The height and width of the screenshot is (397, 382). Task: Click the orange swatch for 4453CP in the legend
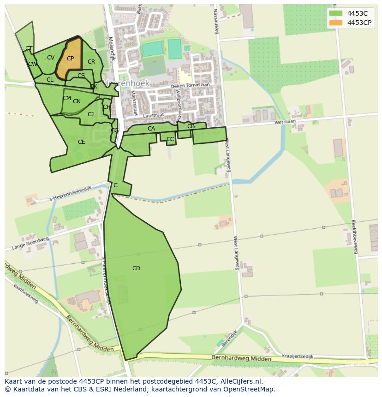[336, 23]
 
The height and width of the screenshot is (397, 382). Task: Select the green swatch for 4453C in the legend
[336, 13]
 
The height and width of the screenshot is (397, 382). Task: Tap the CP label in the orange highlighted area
[70, 59]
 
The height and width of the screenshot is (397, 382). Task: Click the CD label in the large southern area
[136, 268]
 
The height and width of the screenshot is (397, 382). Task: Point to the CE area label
[81, 142]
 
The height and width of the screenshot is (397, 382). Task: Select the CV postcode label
[51, 58]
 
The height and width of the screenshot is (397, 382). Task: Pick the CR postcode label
[91, 62]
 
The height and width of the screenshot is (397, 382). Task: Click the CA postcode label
[151, 129]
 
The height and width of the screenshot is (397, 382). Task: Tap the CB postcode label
[191, 126]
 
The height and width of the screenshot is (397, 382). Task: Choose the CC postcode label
[170, 139]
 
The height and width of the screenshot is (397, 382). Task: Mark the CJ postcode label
[90, 114]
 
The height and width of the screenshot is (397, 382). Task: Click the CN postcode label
[77, 101]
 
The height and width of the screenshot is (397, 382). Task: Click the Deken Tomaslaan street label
[190, 85]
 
